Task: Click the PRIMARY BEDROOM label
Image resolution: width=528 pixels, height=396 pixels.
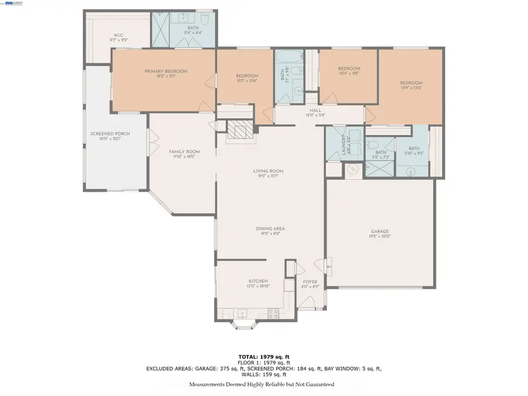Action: pyautogui.click(x=166, y=72)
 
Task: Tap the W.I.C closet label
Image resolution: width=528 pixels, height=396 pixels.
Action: pyautogui.click(x=120, y=37)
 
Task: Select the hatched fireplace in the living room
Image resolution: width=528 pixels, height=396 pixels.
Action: pyautogui.click(x=238, y=130)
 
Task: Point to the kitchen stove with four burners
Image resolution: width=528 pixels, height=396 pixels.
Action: pyautogui.click(x=273, y=314)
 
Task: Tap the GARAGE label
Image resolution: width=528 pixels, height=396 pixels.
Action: pyautogui.click(x=380, y=232)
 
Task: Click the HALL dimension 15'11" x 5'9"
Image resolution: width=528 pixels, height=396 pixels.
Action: pyautogui.click(x=316, y=116)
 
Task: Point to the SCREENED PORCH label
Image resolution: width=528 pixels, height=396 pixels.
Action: pyautogui.click(x=110, y=134)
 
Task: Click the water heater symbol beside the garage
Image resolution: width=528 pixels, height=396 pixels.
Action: pyautogui.click(x=352, y=169)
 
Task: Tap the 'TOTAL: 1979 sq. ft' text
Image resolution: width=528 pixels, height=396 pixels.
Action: pyautogui.click(x=263, y=357)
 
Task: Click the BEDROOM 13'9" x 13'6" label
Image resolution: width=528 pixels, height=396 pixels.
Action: pyautogui.click(x=411, y=83)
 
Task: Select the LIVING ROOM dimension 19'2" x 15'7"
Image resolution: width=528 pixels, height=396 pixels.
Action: pyautogui.click(x=269, y=175)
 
